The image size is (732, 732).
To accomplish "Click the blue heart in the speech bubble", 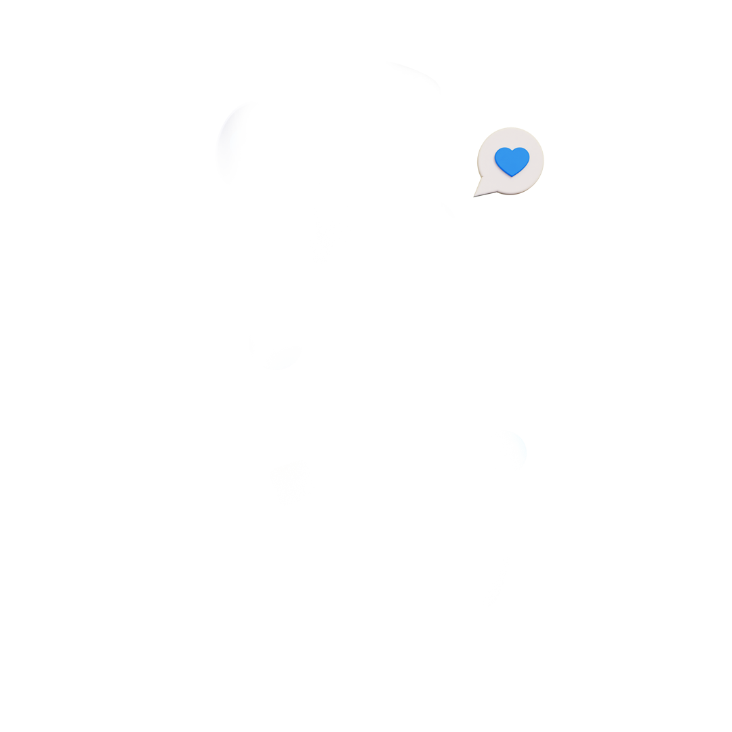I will (512, 161).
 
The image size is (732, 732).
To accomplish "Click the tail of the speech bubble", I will (483, 191).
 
